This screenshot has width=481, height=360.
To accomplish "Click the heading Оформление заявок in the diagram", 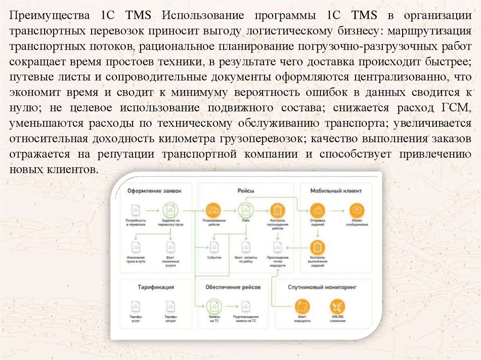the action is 153,191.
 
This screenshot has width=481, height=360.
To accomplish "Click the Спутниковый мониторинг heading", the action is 323,286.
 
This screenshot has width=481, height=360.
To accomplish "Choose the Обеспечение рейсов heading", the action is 233,287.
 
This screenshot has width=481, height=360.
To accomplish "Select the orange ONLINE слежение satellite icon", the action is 337,307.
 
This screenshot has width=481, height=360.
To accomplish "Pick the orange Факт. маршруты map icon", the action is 303,307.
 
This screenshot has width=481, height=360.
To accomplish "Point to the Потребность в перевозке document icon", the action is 135,209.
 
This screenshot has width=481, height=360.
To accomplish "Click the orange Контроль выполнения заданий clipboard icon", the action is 317,247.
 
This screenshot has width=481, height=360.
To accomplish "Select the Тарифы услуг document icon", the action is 136,307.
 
